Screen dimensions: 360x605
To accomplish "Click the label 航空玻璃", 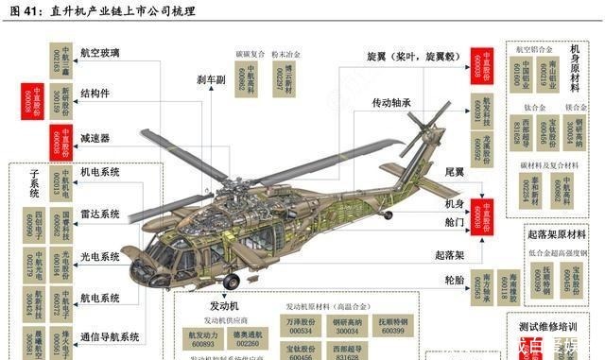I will coord(100,54).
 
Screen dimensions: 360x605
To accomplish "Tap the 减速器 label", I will coord(95,138).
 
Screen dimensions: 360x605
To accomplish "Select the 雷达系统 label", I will coord(100,214).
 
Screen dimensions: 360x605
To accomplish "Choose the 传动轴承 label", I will coord(392,101).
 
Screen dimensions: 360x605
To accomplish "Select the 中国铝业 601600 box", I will coord(518,75).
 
